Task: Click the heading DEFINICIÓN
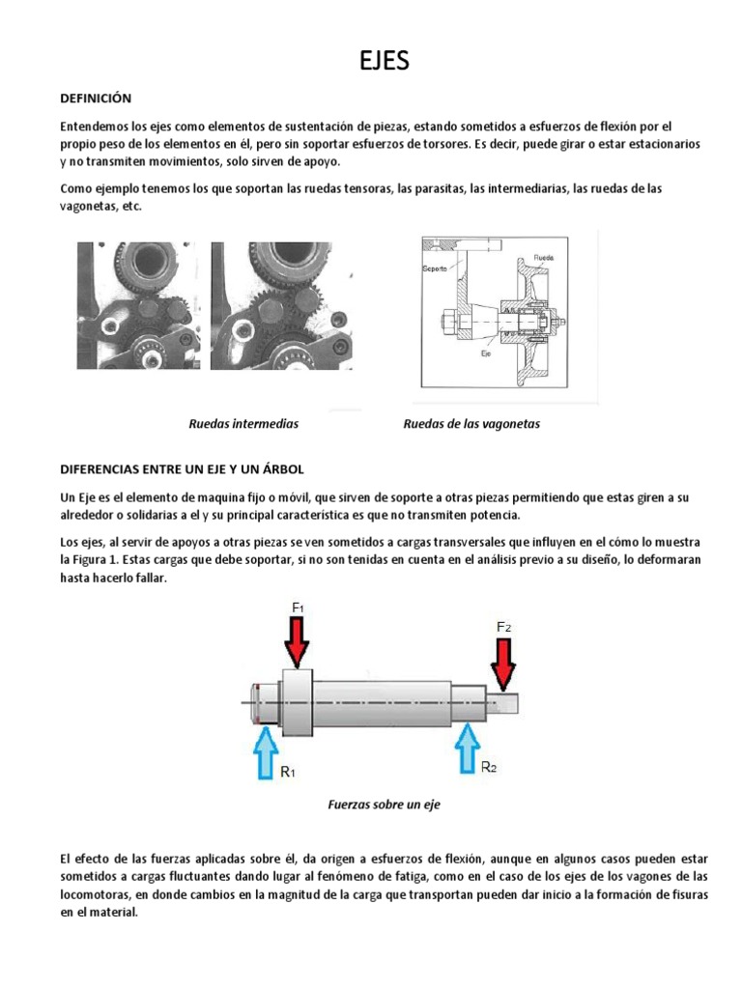tap(96, 99)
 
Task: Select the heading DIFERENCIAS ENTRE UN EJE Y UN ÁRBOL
tap(182, 468)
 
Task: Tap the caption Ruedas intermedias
tap(243, 424)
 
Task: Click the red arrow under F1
tap(297, 641)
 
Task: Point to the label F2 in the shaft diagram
tap(503, 627)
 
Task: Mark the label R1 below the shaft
tap(288, 774)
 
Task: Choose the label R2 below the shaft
tap(490, 767)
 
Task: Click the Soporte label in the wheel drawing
tap(434, 268)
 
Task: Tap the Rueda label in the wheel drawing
tap(544, 259)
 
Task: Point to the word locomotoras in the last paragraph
tap(97, 894)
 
